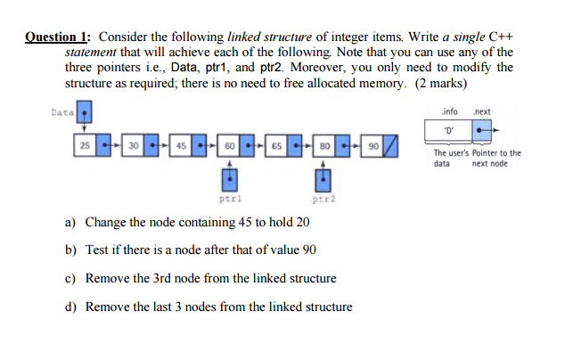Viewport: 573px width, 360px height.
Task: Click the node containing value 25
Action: (x=85, y=144)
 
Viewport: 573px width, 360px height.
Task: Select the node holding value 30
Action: (x=133, y=144)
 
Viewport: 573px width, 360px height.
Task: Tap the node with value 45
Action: (x=181, y=144)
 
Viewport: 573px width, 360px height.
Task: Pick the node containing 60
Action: (x=229, y=144)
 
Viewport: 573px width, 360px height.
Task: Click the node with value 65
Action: (x=277, y=144)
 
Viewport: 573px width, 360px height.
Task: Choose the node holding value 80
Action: (x=324, y=144)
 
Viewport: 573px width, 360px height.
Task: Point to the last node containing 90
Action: (x=372, y=144)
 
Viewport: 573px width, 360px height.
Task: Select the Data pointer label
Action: (x=61, y=113)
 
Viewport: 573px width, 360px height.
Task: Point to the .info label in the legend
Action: (x=451, y=112)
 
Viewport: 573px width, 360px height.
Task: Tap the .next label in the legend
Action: (x=485, y=112)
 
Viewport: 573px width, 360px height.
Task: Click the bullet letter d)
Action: (x=71, y=307)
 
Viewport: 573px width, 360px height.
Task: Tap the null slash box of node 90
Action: (x=389, y=144)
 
